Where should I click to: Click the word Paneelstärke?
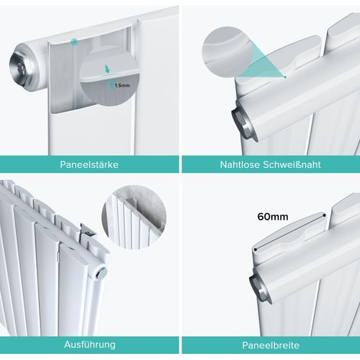pos(89,165)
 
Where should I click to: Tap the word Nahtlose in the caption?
pos(240,165)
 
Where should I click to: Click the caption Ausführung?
pos(90,345)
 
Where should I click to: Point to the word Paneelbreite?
pos(270,345)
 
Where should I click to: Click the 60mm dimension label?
pos(273,217)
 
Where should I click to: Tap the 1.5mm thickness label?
pos(122,86)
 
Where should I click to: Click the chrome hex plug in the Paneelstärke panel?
pos(19,68)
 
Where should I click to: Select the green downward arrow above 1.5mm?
pos(107,69)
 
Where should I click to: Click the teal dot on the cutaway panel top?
pos(74,41)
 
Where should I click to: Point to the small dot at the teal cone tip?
pos(285,77)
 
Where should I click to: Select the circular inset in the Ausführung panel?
pos(134,218)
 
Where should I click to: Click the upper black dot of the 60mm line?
pos(324,215)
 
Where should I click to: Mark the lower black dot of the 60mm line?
pos(255,250)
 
